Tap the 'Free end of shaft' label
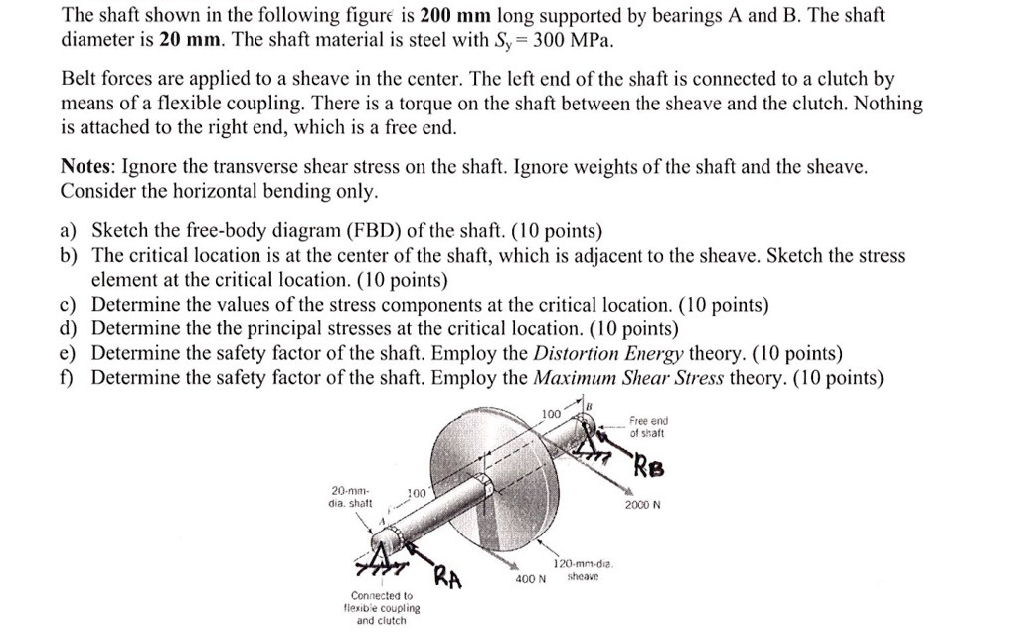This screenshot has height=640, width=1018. click(649, 427)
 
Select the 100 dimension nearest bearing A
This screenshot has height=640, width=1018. click(417, 493)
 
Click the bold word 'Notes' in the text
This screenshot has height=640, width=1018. click(87, 167)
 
